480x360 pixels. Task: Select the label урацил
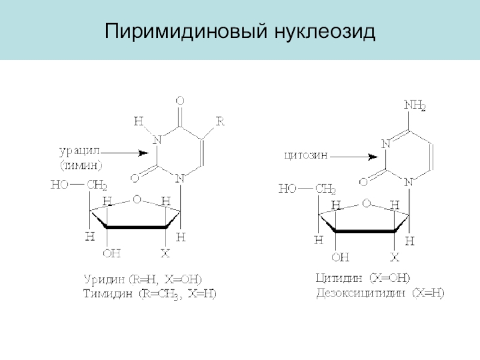81,149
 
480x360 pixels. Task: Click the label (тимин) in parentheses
81,163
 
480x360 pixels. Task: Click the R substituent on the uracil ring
220,122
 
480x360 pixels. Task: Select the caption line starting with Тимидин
148,295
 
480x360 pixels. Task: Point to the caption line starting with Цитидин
362,278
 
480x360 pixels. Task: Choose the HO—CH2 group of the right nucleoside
307,189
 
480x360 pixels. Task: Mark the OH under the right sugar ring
340,257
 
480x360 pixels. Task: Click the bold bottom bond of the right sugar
365,231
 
